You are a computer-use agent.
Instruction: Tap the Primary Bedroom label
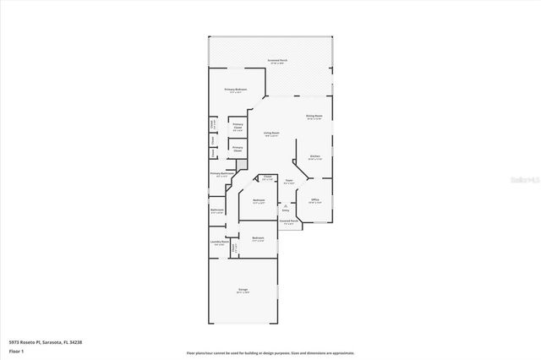click(x=235, y=90)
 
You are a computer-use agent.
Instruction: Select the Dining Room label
click(x=314, y=116)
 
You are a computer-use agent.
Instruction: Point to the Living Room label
click(x=270, y=134)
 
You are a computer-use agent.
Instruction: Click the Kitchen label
click(x=314, y=156)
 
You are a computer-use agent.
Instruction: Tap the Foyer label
click(x=288, y=180)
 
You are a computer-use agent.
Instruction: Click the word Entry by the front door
click(x=286, y=211)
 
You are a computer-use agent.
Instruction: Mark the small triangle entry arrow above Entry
click(x=286, y=205)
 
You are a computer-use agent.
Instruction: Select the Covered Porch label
click(x=288, y=222)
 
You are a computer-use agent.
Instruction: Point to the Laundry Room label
click(x=220, y=243)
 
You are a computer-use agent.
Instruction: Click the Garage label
click(x=242, y=290)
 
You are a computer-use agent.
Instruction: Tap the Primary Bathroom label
click(x=221, y=174)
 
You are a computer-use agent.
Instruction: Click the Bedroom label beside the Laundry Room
click(x=258, y=238)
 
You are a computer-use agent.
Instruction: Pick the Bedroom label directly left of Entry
click(x=259, y=200)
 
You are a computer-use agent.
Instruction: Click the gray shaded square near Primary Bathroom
click(x=241, y=164)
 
